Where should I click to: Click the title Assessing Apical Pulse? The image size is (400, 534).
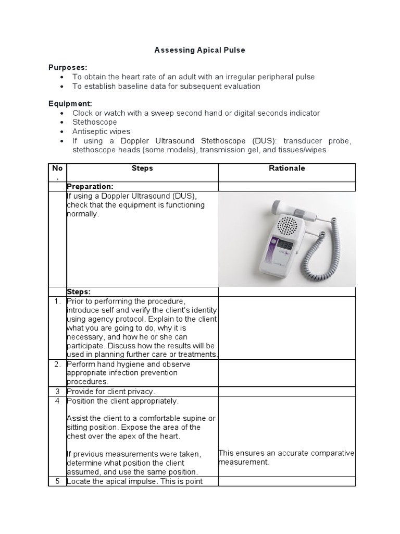click(x=199, y=51)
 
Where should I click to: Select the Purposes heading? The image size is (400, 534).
click(x=68, y=67)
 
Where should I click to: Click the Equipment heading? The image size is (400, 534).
click(x=70, y=104)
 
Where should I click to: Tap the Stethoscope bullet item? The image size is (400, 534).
click(x=95, y=122)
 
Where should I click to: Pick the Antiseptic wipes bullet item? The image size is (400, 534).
click(x=102, y=131)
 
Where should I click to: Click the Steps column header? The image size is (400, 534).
click(x=142, y=168)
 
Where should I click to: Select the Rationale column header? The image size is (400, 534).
click(x=286, y=168)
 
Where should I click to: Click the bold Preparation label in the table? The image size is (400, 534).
click(x=90, y=187)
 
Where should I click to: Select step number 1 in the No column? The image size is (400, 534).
click(x=57, y=301)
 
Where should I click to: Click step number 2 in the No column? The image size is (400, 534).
click(x=57, y=364)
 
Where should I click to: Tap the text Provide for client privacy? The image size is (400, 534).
click(x=111, y=391)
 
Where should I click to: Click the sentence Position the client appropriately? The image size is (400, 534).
click(x=122, y=401)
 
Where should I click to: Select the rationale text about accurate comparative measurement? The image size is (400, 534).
click(x=286, y=457)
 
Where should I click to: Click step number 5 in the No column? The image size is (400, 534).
click(x=57, y=481)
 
